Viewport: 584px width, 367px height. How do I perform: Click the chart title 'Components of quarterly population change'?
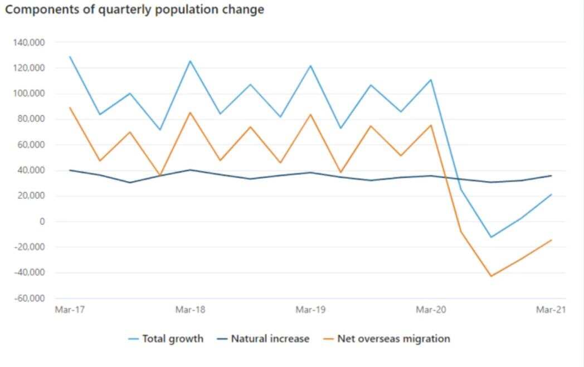[x=134, y=9]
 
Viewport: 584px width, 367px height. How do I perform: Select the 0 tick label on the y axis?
[x=42, y=222]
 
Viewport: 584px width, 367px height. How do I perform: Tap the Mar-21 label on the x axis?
[x=551, y=310]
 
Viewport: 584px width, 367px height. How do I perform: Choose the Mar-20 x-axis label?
[x=431, y=310]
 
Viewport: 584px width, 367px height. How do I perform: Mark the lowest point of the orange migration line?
[x=491, y=276]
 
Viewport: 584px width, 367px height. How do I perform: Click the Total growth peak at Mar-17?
[x=70, y=56]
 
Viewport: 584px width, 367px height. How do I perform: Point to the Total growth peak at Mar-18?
[x=190, y=61]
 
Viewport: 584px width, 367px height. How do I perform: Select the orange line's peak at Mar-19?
[x=310, y=114]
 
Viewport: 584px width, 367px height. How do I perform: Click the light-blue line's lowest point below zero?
[x=491, y=237]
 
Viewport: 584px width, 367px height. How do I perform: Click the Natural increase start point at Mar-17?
[x=70, y=170]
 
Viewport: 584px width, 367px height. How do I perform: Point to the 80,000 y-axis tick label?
[x=31, y=119]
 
